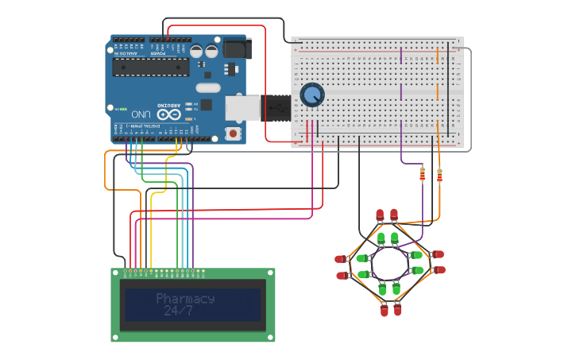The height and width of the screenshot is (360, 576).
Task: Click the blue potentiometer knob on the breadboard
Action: click(x=311, y=95)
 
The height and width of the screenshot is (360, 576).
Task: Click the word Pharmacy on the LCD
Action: click(x=185, y=299)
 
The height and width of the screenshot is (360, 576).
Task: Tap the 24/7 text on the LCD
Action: click(x=178, y=312)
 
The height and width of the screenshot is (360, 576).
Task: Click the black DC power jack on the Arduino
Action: click(x=237, y=48)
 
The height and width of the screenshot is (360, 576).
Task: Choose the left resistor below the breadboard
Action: click(x=422, y=174)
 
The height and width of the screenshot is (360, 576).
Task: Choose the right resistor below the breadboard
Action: click(x=439, y=174)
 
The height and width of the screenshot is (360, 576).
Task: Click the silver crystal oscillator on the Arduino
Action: click(x=207, y=88)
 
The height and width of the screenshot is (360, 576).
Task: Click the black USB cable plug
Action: click(x=275, y=106)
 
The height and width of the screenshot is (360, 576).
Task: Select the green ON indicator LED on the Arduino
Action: click(x=116, y=108)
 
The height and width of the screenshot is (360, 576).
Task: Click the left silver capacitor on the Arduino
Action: click(x=197, y=51)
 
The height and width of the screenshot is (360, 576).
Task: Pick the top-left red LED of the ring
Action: click(x=380, y=215)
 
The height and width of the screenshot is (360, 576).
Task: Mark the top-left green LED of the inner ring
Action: click(x=381, y=238)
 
